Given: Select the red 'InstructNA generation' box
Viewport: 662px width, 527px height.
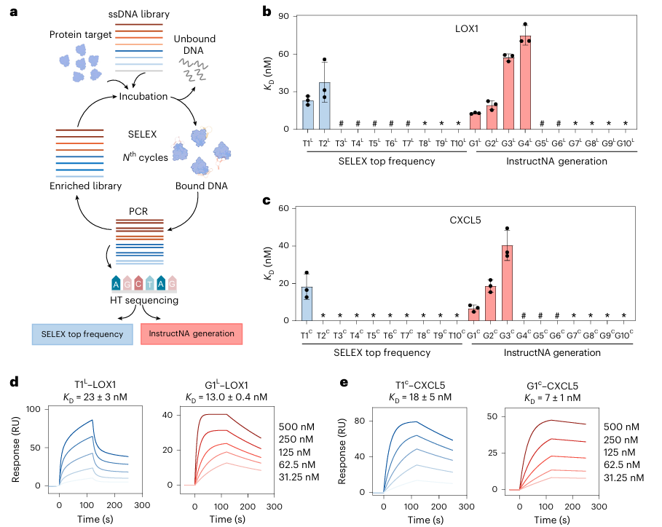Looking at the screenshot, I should coord(192,333).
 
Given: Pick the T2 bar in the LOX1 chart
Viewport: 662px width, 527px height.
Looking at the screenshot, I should coord(325,106).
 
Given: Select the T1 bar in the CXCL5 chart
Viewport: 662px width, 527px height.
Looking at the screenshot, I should coord(308,304).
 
